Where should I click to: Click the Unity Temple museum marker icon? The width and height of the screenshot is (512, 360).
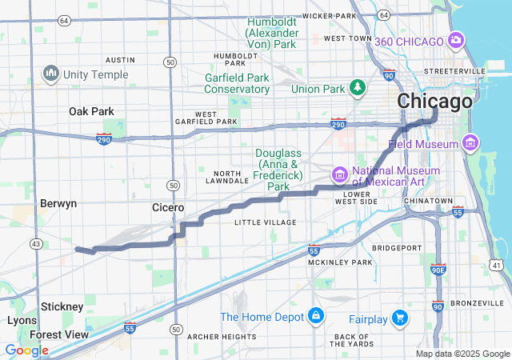coord(52,74)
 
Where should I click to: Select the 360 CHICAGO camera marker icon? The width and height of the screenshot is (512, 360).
coord(457,39)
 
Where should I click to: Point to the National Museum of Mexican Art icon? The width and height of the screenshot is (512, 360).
coord(339,174)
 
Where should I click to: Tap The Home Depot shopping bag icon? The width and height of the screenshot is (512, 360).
coord(318,315)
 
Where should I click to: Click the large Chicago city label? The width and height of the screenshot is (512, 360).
coord(434,102)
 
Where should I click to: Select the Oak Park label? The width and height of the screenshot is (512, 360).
coord(91,111)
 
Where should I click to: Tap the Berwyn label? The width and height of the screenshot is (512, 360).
coord(58,203)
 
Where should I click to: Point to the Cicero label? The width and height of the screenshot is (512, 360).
coord(169,207)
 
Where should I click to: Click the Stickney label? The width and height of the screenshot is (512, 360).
coord(62,306)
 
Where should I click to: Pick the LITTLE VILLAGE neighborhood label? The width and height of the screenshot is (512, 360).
coord(265,222)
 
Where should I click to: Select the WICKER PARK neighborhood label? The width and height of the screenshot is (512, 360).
coord(329,15)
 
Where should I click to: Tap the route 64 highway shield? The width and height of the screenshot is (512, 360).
coord(384,15)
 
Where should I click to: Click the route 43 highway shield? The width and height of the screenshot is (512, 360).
coord(35,242)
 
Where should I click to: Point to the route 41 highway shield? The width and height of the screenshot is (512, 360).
coord(497,265)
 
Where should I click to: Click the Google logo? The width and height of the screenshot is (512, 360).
coord(26,350)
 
